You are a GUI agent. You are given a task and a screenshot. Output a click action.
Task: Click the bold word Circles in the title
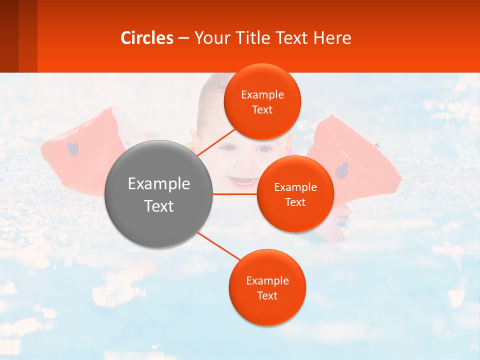(x=147, y=38)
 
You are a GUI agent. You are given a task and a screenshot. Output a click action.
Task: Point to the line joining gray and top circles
(x=216, y=142)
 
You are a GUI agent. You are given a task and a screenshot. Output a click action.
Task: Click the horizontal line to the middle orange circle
(x=234, y=193)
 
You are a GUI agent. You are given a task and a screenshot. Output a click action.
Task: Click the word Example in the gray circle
(x=159, y=184)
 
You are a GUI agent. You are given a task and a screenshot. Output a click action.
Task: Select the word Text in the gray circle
(x=159, y=206)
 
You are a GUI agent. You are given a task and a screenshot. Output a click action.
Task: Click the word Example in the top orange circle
(x=262, y=95)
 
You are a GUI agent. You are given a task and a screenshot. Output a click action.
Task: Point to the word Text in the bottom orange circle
(x=267, y=296)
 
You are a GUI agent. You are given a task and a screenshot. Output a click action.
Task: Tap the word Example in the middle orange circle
(x=295, y=187)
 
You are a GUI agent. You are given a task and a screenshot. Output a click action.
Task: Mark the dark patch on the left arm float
(x=73, y=149)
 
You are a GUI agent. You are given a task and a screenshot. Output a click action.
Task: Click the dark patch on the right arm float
(x=342, y=170)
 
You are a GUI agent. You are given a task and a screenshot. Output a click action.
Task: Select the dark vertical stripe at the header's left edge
(x=9, y=36)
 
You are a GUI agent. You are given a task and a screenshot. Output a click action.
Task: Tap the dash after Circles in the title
(x=183, y=38)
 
